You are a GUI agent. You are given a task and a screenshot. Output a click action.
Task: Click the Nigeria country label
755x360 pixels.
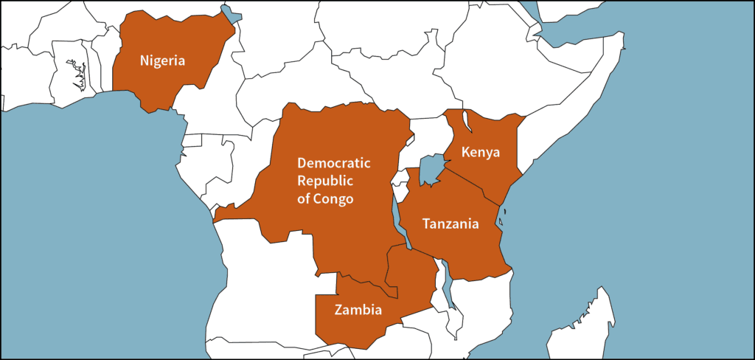click(x=162, y=60)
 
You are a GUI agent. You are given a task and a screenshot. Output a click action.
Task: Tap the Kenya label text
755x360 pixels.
click(x=480, y=153)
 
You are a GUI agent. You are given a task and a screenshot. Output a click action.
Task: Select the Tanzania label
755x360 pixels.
click(x=450, y=223)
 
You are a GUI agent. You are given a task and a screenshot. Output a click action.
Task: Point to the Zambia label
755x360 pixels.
click(x=358, y=309)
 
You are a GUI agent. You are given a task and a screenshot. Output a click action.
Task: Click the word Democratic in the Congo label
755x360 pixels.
click(x=333, y=162)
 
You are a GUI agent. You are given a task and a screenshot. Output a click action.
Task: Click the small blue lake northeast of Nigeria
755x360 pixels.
click(x=232, y=14)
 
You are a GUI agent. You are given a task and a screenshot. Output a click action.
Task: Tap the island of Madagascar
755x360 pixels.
click(x=582, y=325)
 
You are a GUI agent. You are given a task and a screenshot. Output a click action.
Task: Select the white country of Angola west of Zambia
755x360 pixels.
click(x=265, y=288)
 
